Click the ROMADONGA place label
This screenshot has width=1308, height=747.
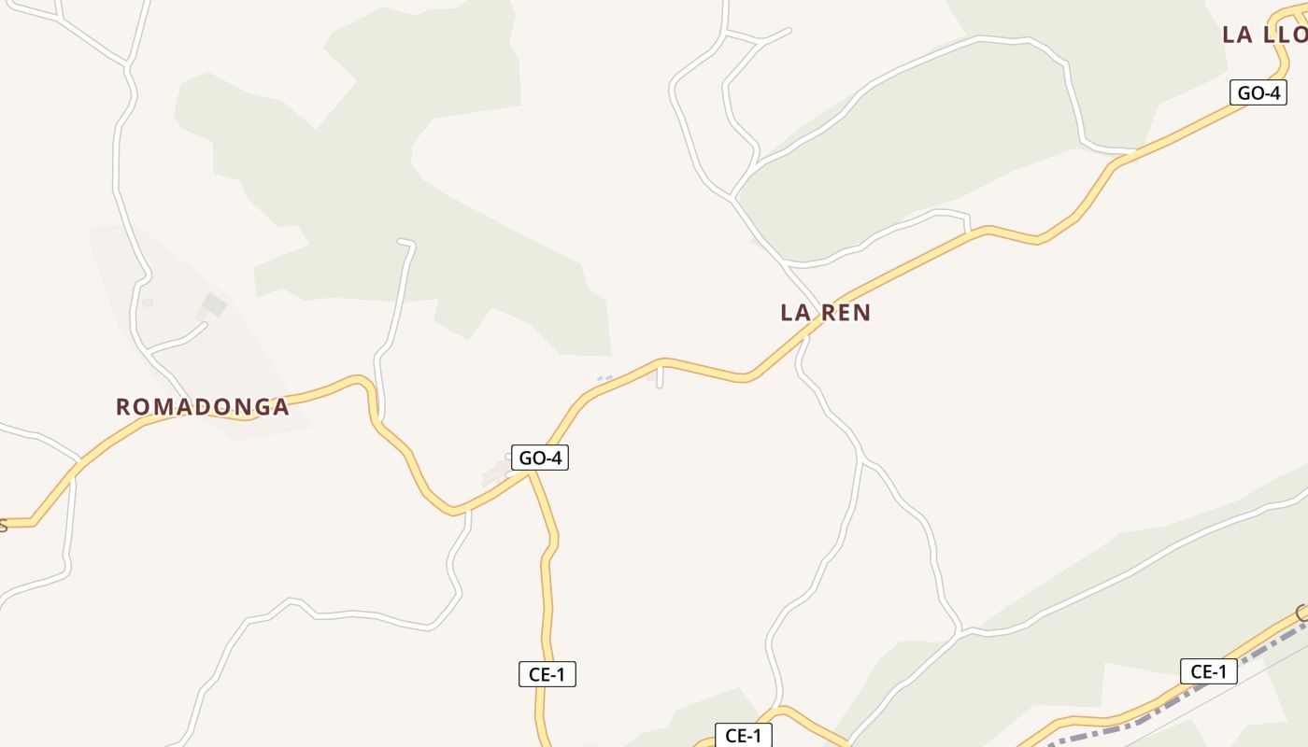pos(202,407)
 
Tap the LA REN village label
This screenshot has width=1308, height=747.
pos(825,313)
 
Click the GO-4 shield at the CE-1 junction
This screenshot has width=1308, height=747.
pos(540,458)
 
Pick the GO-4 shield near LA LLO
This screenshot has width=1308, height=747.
pos(1258,92)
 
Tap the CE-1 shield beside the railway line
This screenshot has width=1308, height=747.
pos(1208,671)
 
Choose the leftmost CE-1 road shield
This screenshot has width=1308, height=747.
pos(547,674)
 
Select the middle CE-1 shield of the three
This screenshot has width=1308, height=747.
pos(743,735)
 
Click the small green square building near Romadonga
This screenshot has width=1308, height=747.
pos(215,304)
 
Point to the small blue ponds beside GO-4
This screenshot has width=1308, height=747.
pos(604,378)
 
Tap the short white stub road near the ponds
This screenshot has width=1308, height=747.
pos(660,377)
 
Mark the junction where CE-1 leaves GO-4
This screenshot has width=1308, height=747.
pos(530,472)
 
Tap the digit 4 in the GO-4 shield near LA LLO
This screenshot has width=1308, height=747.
pos(1273,92)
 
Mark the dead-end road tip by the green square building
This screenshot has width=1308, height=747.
pos(204,324)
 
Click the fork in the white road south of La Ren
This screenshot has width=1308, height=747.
pos(860,459)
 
